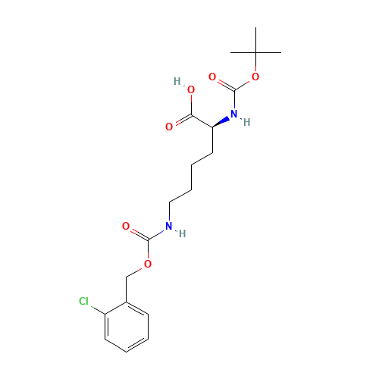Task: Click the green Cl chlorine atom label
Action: tap(83, 302)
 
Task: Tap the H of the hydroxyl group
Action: tap(177, 81)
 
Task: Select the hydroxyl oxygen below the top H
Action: tap(191, 90)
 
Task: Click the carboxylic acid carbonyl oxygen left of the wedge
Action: tap(168, 127)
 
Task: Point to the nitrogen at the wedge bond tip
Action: tap(233, 114)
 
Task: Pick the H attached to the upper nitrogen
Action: tap(246, 122)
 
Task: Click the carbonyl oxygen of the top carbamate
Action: tap(212, 77)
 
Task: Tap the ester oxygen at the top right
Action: tap(255, 77)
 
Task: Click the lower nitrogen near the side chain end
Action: tap(168, 226)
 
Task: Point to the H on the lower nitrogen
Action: tap(181, 233)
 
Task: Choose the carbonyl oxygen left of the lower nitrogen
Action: tap(126, 226)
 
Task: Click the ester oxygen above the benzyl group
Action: tap(147, 264)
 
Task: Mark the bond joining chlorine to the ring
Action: tap(102, 306)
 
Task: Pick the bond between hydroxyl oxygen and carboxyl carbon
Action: tap(191, 103)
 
